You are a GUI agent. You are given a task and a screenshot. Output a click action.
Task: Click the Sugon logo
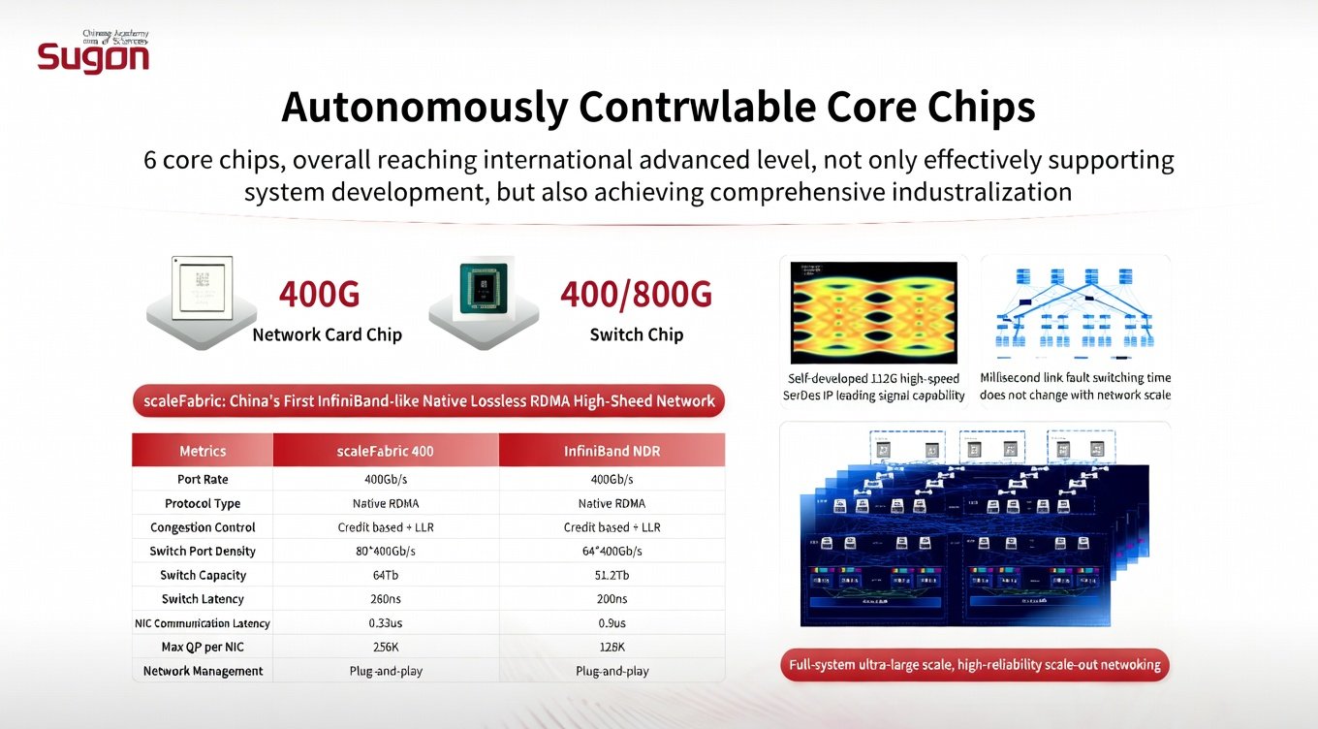tap(93, 55)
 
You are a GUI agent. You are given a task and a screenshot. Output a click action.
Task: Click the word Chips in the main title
tap(977, 107)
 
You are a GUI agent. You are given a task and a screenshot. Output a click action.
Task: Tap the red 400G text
tap(319, 294)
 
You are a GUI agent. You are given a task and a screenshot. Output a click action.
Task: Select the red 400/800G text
tap(636, 294)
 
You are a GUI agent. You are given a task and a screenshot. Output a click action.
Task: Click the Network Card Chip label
tap(327, 334)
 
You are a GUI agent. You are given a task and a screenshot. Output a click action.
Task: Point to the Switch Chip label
tap(636, 334)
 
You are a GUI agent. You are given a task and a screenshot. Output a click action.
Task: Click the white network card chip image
tap(202, 288)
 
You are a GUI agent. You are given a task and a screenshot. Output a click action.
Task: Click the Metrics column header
tap(203, 451)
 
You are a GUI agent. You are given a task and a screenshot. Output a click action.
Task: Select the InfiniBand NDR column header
tap(612, 451)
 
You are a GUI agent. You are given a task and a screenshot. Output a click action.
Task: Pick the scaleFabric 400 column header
tap(386, 451)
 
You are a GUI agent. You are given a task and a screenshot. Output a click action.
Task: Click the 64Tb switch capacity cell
tap(386, 575)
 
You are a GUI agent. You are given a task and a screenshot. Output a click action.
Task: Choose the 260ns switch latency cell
tap(386, 599)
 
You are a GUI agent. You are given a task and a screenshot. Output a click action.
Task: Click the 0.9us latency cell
tap(612, 623)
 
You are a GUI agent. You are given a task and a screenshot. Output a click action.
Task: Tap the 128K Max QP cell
tap(612, 647)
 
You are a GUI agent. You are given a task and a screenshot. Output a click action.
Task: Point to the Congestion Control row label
tap(203, 527)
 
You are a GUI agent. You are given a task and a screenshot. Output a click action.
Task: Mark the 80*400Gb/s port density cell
tap(386, 552)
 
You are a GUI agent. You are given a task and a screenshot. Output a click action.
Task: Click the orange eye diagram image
tap(874, 312)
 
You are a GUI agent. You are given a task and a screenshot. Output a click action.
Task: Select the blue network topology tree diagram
tap(1075, 308)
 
